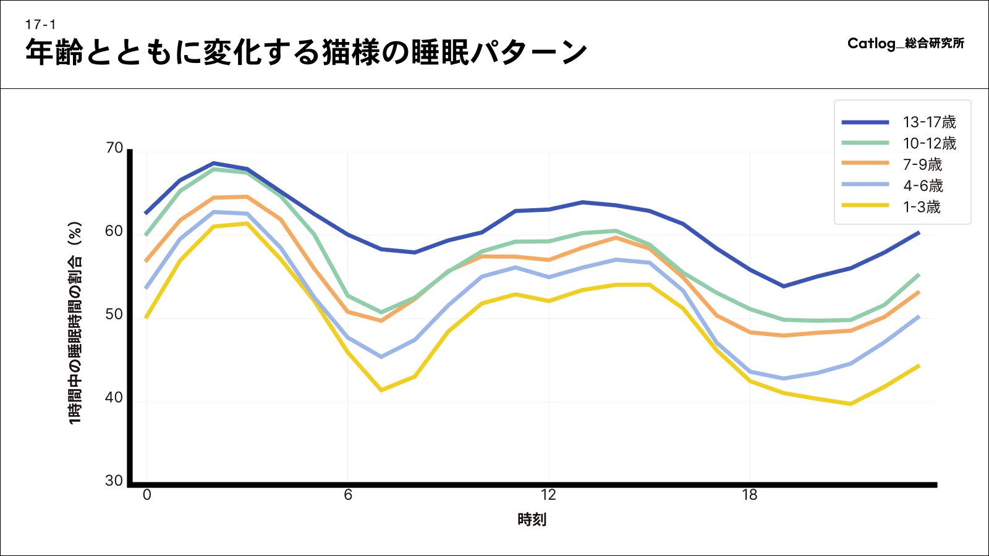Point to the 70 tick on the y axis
pyautogui.click(x=114, y=148)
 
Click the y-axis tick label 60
pyautogui.click(x=114, y=231)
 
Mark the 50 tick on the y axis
pyautogui.click(x=114, y=314)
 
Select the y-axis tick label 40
pyautogui.click(x=114, y=398)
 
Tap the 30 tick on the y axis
pyautogui.click(x=114, y=481)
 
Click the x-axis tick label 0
pyautogui.click(x=146, y=495)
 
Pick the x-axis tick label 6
pyautogui.click(x=348, y=495)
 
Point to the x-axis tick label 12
pyautogui.click(x=548, y=495)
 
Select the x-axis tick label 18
pyautogui.click(x=750, y=495)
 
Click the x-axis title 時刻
pyautogui.click(x=532, y=520)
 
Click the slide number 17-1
pyautogui.click(x=41, y=25)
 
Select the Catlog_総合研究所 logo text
pyautogui.click(x=906, y=43)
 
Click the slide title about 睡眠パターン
pyautogui.click(x=306, y=52)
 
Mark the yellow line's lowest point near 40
pyautogui.click(x=851, y=404)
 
